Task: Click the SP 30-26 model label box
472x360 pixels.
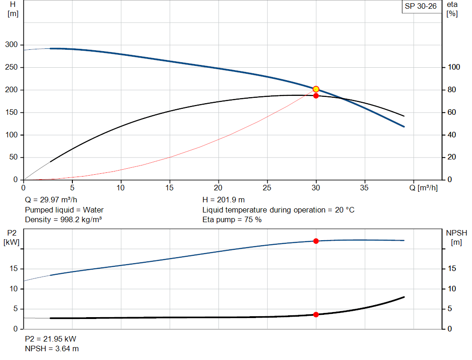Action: tap(420, 6)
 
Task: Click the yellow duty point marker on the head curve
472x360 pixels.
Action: tap(316, 89)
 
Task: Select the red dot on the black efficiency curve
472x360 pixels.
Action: tap(316, 95)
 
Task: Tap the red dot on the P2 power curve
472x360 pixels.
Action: tap(316, 241)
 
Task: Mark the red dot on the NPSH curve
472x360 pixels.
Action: tap(316, 314)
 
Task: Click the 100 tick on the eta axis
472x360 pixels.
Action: tap(454, 67)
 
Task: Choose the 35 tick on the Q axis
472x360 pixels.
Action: tap(365, 188)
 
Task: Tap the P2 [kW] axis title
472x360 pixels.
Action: tap(12, 238)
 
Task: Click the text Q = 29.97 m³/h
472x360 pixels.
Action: tap(50, 200)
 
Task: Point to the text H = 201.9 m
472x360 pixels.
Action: tap(224, 200)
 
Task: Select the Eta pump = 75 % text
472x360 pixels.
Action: tap(232, 219)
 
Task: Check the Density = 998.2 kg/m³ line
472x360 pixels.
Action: tap(63, 219)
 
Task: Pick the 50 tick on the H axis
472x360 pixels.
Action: tap(14, 157)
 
